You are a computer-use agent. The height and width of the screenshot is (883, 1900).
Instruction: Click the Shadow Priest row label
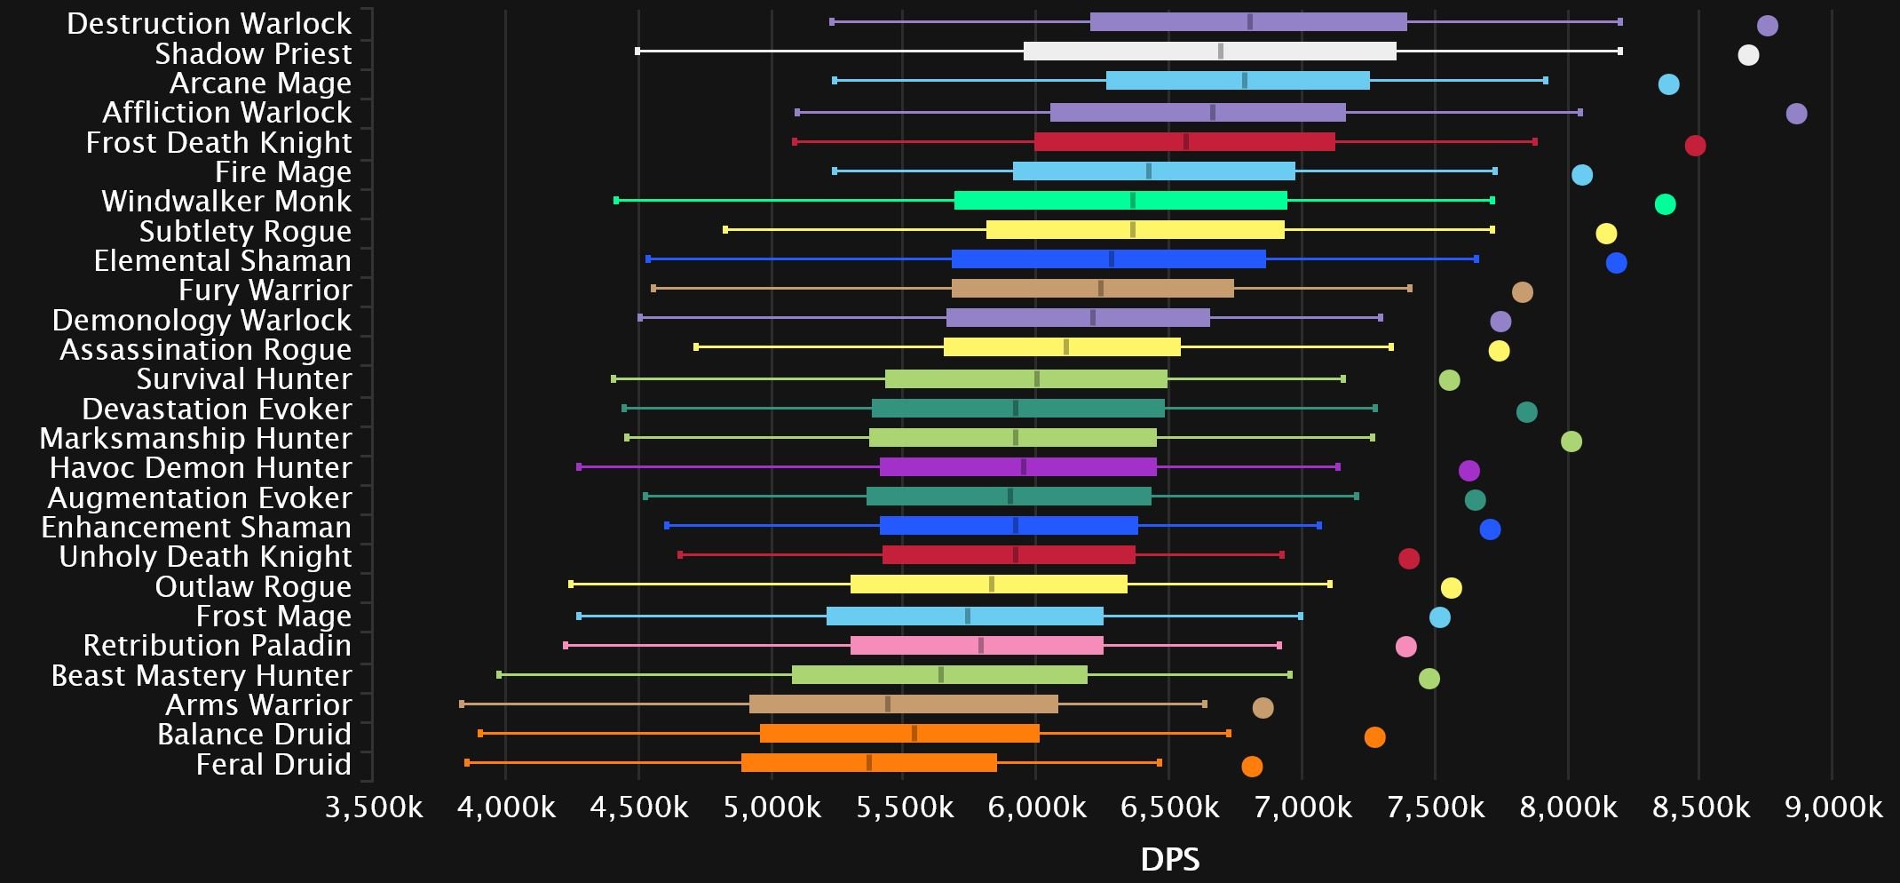(x=253, y=53)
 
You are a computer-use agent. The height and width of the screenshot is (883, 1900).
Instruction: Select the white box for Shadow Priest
(x=1209, y=52)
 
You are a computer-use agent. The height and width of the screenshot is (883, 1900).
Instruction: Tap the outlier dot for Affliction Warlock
(x=1796, y=114)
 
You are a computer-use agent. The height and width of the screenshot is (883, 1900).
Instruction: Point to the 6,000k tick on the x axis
(x=1036, y=807)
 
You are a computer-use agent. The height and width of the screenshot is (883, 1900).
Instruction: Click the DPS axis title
(x=1169, y=860)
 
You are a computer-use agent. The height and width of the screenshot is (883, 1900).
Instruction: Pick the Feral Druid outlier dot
(x=1252, y=767)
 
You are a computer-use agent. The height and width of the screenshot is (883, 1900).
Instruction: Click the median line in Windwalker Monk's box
(x=1133, y=201)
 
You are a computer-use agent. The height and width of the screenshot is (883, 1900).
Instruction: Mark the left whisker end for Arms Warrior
(x=462, y=704)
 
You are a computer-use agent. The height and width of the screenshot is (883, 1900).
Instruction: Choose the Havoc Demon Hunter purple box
(x=1017, y=467)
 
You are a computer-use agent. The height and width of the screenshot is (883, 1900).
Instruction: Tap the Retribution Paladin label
(x=217, y=646)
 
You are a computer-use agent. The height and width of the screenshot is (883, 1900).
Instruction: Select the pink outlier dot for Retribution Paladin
(x=1405, y=647)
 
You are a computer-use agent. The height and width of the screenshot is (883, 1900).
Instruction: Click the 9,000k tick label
(x=1833, y=807)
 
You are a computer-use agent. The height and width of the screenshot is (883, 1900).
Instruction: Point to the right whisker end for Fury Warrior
(x=1410, y=289)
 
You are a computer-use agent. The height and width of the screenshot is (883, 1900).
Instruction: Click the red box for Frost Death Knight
(x=1184, y=142)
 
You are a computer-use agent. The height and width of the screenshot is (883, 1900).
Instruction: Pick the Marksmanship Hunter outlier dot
(x=1571, y=441)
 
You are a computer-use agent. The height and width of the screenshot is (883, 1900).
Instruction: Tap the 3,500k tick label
(x=374, y=807)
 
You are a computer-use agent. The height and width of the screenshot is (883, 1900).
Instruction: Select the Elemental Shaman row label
(x=223, y=261)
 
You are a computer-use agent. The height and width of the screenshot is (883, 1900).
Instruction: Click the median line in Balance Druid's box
(x=914, y=734)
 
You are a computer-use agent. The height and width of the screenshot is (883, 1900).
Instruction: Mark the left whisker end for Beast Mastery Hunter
(x=499, y=675)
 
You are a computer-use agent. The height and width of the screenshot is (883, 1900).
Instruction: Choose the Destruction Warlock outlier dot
(x=1768, y=26)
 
